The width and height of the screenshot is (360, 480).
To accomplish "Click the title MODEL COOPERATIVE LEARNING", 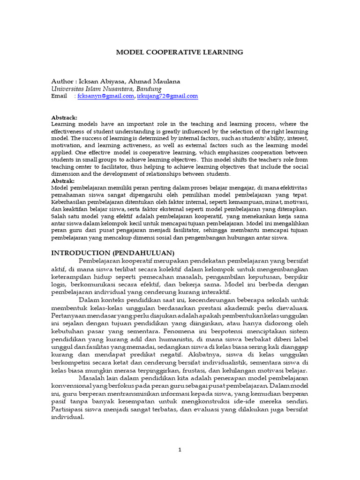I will pyautogui.click(x=180, y=52).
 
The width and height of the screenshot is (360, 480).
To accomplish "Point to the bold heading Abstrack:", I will pyautogui.click(x=64, y=117).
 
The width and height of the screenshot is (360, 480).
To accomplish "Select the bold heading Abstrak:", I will pyautogui.click(x=63, y=180).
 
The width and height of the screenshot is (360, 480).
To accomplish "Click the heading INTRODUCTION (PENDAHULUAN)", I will pyautogui.click(x=112, y=253).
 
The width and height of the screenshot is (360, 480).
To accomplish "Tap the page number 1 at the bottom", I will pyautogui.click(x=180, y=450).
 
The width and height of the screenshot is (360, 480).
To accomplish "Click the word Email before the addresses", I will pyautogui.click(x=59, y=96).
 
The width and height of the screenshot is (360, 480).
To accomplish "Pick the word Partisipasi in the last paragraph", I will pyautogui.click(x=67, y=411).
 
